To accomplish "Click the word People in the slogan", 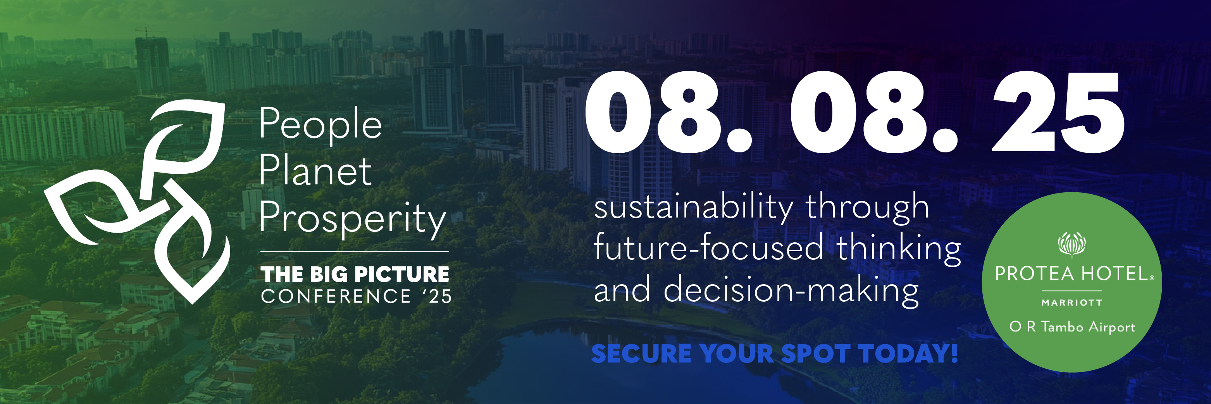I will [320, 124].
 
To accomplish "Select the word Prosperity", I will [353, 219].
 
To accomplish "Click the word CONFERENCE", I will [336, 296].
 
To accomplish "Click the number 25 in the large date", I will [1058, 113].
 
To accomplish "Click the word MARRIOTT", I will [1072, 303].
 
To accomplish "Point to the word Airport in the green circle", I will [1112, 327].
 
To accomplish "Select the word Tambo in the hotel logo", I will [1062, 327].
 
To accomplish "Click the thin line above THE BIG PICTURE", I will [355, 252].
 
